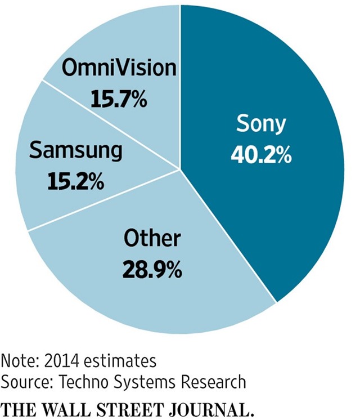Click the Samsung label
(75, 151)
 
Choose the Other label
(152, 239)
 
